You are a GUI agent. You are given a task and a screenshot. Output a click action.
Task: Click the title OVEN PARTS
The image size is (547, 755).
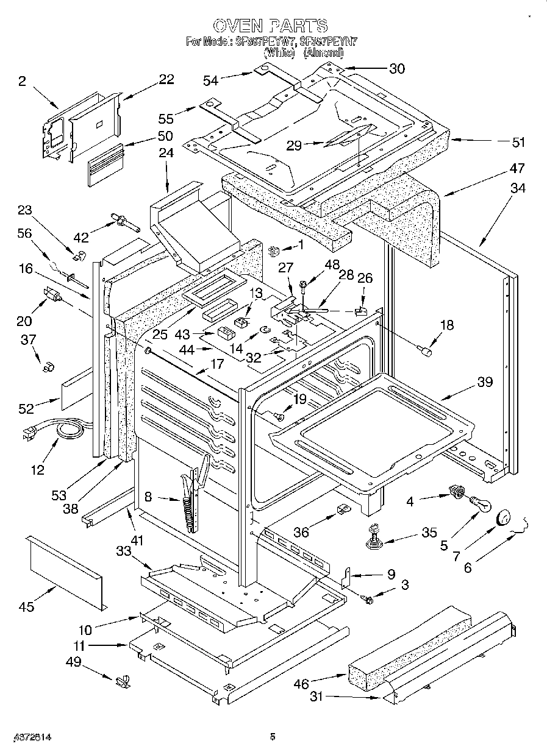coord(271,26)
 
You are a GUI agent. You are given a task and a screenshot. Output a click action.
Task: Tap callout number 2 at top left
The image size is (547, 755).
coord(22,80)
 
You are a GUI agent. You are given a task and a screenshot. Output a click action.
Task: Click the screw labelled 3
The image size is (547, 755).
coord(368,599)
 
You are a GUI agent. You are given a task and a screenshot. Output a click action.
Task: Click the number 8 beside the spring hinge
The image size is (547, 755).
coord(148,497)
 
